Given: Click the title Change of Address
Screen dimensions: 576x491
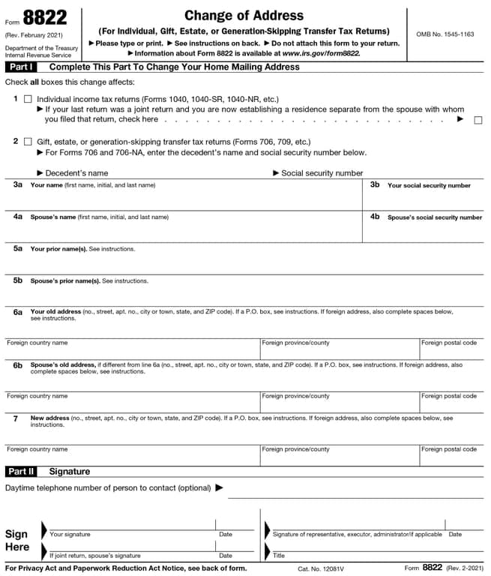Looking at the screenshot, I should click(244, 15).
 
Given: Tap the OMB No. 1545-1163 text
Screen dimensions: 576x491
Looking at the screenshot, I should click(445, 34).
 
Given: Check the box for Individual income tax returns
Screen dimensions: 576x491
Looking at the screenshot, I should click(28, 99).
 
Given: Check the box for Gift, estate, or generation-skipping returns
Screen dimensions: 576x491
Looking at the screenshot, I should click(28, 141).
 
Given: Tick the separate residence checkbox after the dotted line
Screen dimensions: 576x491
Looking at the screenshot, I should click(478, 120).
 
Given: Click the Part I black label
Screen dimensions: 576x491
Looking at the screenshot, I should click(21, 67).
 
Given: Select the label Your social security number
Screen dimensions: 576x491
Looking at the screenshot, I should click(429, 185).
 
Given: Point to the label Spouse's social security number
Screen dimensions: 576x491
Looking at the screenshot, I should click(434, 217).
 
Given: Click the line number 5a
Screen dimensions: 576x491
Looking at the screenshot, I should click(18, 248).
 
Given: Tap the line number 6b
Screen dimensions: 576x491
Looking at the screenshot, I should click(18, 364).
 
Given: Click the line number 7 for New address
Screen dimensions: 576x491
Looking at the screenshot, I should click(16, 418).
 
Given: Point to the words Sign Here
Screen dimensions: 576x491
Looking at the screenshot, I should click(16, 540).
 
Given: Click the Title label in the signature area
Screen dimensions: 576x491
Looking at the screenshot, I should click(279, 556).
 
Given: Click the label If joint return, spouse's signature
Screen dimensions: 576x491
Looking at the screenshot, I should click(95, 556).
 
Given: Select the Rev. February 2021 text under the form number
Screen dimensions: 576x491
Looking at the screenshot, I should click(34, 35).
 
